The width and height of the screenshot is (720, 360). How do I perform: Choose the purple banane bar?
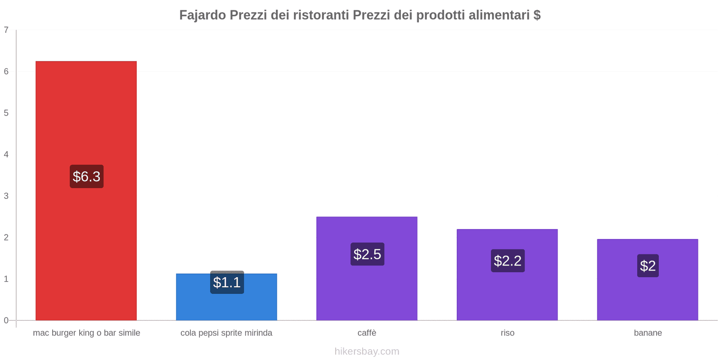pyautogui.click(x=648, y=297)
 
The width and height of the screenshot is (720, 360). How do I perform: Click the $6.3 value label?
pyautogui.click(x=86, y=176)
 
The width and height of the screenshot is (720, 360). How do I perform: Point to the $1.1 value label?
pyautogui.click(x=227, y=283)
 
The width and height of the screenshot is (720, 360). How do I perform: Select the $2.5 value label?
pyautogui.click(x=367, y=254)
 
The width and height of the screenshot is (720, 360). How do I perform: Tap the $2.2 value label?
pyautogui.click(x=508, y=261)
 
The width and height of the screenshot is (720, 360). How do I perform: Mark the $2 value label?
pyautogui.click(x=648, y=265)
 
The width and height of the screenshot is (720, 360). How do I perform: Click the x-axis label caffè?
pyautogui.click(x=367, y=333)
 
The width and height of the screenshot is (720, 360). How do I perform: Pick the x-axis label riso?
pyautogui.click(x=507, y=333)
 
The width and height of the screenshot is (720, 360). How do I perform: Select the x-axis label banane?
pyautogui.click(x=648, y=333)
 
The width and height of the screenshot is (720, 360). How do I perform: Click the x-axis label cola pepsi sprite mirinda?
pyautogui.click(x=226, y=333)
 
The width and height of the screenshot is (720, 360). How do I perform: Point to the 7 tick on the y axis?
pyautogui.click(x=6, y=30)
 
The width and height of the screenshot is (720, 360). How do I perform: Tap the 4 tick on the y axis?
pyautogui.click(x=6, y=154)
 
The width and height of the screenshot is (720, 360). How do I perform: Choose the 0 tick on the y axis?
pyautogui.click(x=6, y=320)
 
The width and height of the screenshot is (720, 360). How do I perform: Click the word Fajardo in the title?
pyautogui.click(x=202, y=15)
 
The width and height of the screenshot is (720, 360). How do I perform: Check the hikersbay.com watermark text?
pyautogui.click(x=367, y=351)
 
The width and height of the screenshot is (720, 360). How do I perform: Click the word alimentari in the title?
pyautogui.click(x=499, y=15)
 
